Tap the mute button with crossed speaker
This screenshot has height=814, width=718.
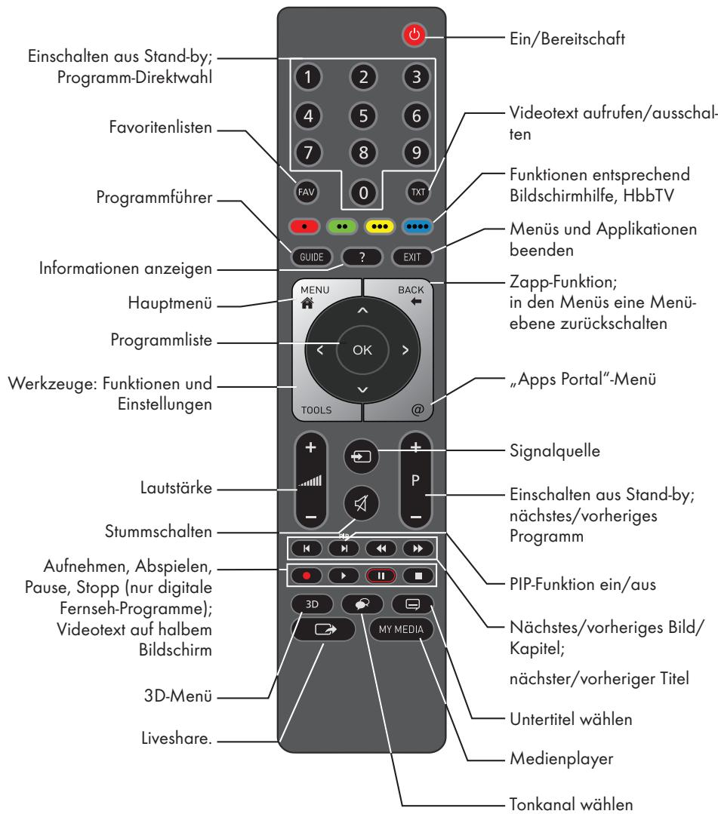pos(364,502)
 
